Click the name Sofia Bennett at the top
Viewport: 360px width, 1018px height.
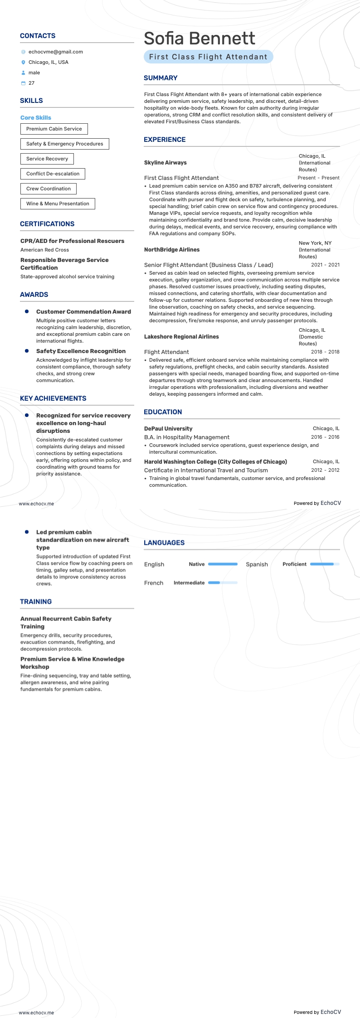pos(199,39)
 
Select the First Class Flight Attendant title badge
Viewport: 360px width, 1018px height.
pos(208,57)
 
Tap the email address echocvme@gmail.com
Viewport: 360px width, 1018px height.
pos(55,52)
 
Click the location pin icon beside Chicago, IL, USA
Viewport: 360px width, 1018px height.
pos(24,63)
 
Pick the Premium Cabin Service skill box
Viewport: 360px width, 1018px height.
pos(54,129)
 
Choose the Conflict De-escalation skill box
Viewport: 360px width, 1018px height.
pos(53,174)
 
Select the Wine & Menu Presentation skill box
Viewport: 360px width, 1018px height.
pos(58,204)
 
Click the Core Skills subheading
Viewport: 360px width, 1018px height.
pos(36,118)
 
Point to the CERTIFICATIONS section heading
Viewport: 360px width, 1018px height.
pos(47,224)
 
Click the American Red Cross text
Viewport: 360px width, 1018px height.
pos(44,250)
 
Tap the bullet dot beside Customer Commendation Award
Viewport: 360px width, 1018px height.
pos(27,311)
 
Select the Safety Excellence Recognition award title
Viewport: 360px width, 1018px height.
pos(81,351)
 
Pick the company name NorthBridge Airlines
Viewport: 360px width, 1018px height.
pos(172,250)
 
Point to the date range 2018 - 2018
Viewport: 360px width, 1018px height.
pos(325,352)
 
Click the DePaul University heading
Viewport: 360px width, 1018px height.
pos(168,429)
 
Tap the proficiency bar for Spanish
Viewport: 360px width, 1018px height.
pos(325,564)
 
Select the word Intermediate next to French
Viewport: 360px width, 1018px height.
pos(189,583)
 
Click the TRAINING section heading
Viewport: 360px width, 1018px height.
pos(36,602)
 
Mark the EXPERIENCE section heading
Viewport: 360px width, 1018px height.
pos(165,140)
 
